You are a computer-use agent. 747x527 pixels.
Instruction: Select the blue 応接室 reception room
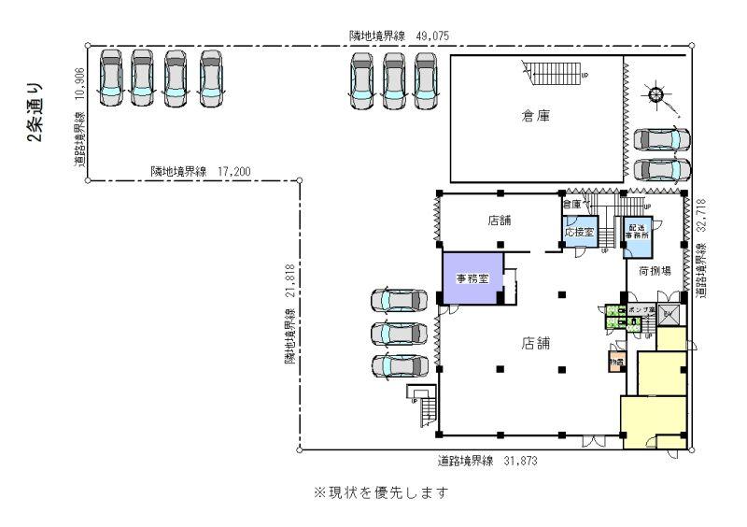point(578,232)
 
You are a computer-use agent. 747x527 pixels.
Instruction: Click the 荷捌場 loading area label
point(654,271)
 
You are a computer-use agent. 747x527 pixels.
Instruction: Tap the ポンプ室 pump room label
point(641,308)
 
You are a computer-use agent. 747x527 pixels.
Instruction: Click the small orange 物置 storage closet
point(616,362)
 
